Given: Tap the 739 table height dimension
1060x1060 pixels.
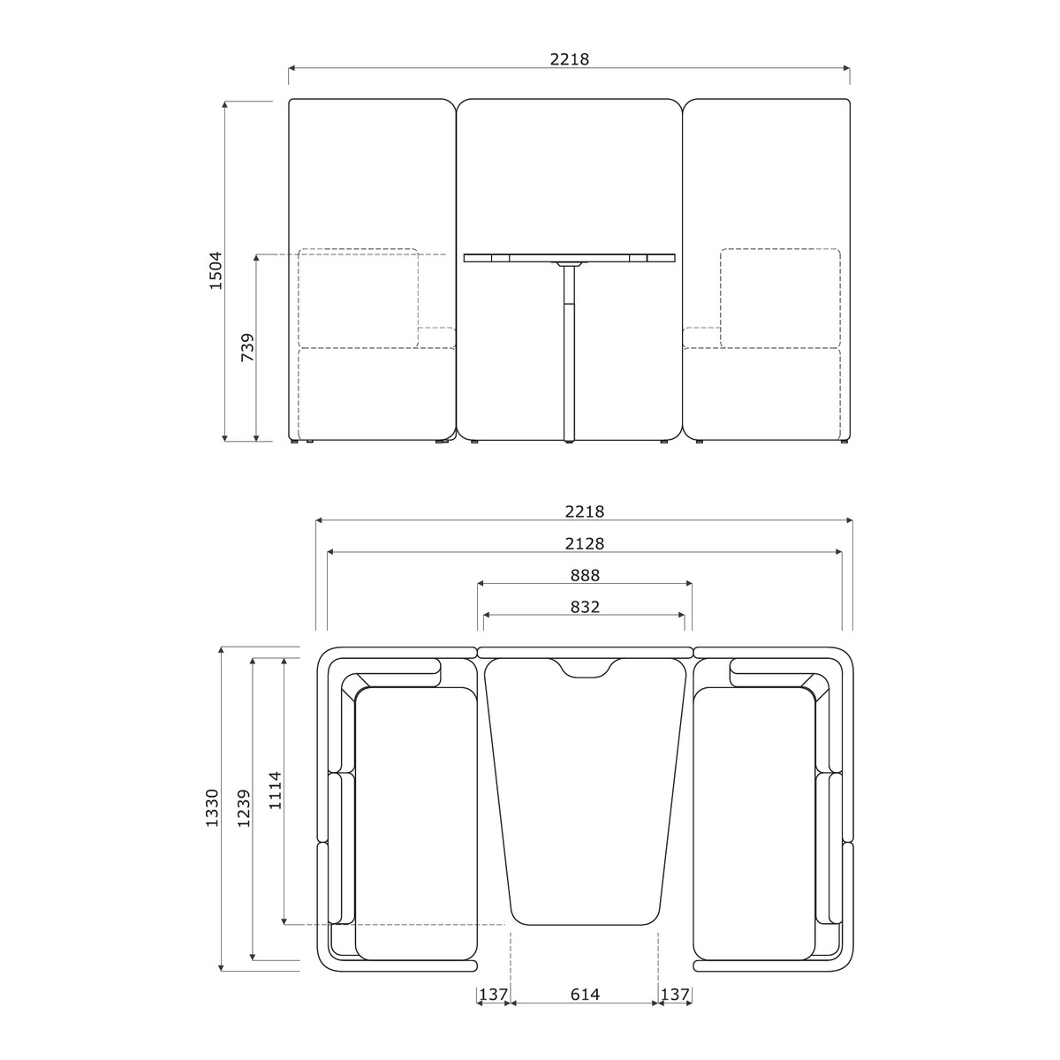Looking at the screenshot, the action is coord(247,347).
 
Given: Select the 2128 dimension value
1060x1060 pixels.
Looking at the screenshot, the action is coord(584,543).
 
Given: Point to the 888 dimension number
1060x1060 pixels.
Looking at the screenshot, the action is coord(584,575).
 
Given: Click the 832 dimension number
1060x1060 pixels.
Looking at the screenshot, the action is coord(584,607).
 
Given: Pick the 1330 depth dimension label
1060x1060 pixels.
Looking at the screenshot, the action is coord(212,807).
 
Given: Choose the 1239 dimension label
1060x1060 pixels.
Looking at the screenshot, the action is coord(244,808).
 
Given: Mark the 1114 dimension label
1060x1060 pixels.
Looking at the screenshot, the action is coord(275,790).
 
